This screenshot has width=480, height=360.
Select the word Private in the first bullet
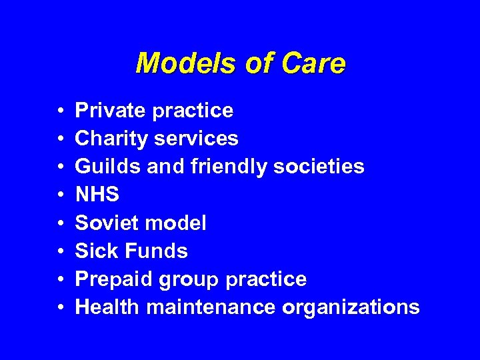[x=111, y=110]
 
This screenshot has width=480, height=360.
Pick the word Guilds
[x=105, y=166]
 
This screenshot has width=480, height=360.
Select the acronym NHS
[x=97, y=195]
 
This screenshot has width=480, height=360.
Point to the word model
[x=175, y=223]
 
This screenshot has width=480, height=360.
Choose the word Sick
[x=94, y=251]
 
